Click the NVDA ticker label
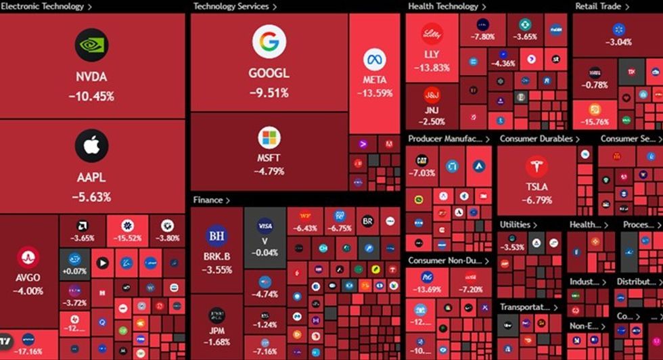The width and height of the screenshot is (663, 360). coord(91,78)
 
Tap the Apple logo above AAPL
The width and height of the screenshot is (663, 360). coord(91,146)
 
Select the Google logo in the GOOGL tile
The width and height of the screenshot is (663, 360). coord(269,42)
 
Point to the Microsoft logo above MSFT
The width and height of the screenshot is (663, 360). coord(269,138)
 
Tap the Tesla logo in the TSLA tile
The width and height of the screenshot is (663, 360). coord(536,166)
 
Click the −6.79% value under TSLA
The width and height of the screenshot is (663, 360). coord(536,200)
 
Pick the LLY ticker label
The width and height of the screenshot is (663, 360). coord(432,54)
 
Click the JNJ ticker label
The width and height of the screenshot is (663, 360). coord(432,110)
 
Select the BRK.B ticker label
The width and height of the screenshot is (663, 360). coord(216,257)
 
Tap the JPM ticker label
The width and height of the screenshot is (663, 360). coord(216,331)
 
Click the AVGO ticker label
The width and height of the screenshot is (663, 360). coord(28,278)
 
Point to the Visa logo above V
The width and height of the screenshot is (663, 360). coord(265,226)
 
